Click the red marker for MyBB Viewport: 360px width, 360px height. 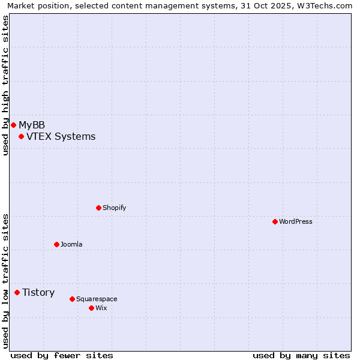click(x=13, y=125)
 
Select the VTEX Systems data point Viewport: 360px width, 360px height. click(x=21, y=136)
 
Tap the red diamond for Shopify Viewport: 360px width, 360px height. click(x=98, y=208)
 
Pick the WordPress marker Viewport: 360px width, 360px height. click(x=275, y=221)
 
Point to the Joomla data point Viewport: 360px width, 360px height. click(x=56, y=244)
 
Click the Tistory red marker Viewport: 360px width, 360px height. click(x=17, y=292)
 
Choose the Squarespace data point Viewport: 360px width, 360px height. click(x=72, y=299)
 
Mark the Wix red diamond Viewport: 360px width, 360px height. click(x=91, y=308)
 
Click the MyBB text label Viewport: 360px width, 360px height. click(x=32, y=125)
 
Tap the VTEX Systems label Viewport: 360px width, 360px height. click(x=61, y=136)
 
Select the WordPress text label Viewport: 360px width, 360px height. click(x=296, y=221)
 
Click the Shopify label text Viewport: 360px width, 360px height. click(x=114, y=208)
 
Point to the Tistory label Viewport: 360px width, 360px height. click(x=38, y=292)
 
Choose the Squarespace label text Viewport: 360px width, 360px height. click(x=97, y=299)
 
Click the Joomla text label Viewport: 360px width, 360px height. click(x=71, y=244)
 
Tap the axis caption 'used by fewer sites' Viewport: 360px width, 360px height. click(x=62, y=355)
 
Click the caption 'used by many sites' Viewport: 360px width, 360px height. click(x=301, y=355)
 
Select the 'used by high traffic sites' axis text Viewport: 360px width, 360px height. click(x=6, y=85)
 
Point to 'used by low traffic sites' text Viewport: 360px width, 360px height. click(x=6, y=280)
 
